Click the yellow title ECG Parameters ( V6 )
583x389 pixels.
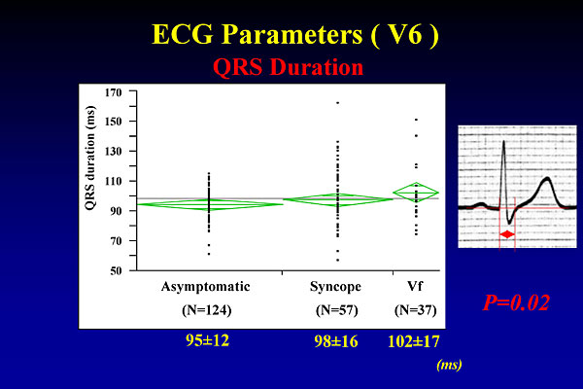pos(295,34)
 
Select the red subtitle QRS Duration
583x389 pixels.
pos(289,67)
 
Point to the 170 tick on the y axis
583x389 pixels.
pos(114,92)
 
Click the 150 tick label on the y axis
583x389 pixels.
pos(114,122)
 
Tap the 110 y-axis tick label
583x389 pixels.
pos(114,181)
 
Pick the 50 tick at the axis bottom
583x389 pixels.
pos(116,270)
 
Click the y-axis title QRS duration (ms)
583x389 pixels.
pos(90,159)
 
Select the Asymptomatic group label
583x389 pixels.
pos(206,287)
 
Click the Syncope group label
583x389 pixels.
pos(335,287)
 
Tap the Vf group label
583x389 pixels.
pos(415,286)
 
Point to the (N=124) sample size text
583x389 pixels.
pos(207,310)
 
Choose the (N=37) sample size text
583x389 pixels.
pos(415,310)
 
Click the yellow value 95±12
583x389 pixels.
pos(208,340)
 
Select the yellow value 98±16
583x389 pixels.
pos(336,341)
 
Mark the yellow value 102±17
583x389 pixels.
pos(414,341)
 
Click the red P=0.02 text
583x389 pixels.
pos(516,302)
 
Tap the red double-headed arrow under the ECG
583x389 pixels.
pos(507,234)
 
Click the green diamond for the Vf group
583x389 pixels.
pos(416,193)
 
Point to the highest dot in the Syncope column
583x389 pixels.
pos(337,103)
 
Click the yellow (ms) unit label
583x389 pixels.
pos(449,365)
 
